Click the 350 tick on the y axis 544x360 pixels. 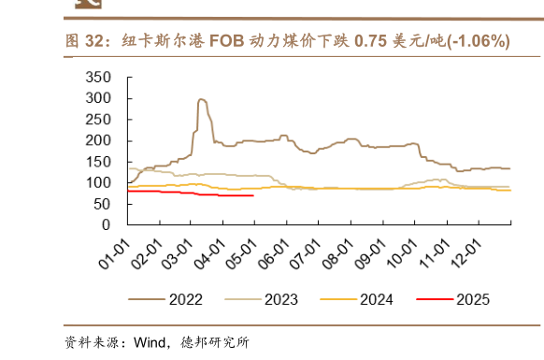click(98, 77)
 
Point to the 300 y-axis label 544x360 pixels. click(98, 98)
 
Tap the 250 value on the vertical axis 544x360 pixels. click(98, 120)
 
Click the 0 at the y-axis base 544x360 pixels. click(106, 225)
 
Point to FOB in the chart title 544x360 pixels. click(226, 41)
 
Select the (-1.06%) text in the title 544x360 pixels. click(475, 41)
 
